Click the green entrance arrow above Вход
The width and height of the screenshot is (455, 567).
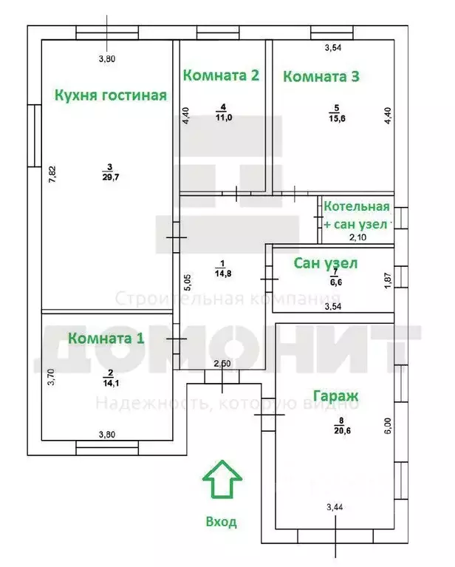pyautogui.click(x=222, y=481)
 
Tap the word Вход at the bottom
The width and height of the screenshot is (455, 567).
pyautogui.click(x=222, y=522)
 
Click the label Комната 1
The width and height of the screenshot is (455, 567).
pyautogui.click(x=106, y=338)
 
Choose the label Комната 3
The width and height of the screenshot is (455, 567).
pyautogui.click(x=321, y=75)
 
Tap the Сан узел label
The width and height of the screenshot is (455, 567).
pyautogui.click(x=326, y=263)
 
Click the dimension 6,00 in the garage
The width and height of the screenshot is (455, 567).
pyautogui.click(x=387, y=427)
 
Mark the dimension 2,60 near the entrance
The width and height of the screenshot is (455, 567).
pyautogui.click(x=222, y=364)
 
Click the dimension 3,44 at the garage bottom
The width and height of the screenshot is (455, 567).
pyautogui.click(x=336, y=507)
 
